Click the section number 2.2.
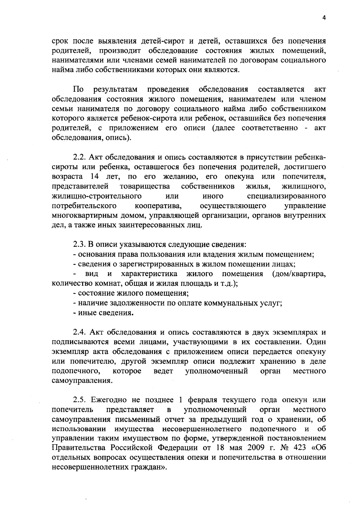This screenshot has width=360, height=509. coord(79,157)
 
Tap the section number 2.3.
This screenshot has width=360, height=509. coord(79,245)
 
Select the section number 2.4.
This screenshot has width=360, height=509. coord(79,332)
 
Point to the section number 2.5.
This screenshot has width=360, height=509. coord(79,400)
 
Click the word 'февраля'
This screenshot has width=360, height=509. coord(203,400)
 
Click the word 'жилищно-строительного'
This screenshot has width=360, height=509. coord(97,196)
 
